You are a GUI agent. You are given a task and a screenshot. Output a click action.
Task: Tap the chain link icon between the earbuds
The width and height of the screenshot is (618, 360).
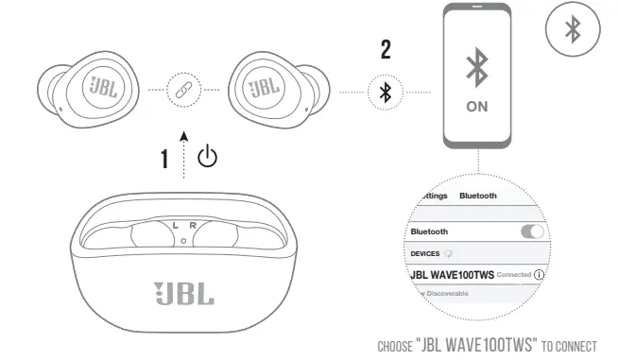[181, 90]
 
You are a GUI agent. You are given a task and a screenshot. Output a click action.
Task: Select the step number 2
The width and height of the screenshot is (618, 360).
[386, 51]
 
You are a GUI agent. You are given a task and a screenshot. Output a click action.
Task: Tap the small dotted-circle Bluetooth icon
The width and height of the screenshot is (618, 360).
[385, 92]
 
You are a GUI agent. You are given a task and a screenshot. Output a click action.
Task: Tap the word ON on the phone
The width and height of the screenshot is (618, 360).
[478, 107]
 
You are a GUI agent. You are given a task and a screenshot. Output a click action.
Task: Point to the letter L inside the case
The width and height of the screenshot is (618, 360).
[174, 225]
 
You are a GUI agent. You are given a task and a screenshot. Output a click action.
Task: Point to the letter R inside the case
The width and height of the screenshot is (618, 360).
[192, 225]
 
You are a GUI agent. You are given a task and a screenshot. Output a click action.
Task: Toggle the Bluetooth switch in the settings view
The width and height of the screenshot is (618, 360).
[532, 231]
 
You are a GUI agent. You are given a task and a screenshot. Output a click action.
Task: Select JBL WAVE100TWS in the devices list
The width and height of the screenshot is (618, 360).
[453, 274]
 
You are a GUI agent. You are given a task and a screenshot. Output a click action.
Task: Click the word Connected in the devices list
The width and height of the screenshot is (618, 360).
[514, 275]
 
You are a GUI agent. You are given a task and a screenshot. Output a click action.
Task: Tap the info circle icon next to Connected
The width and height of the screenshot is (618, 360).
[540, 274]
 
